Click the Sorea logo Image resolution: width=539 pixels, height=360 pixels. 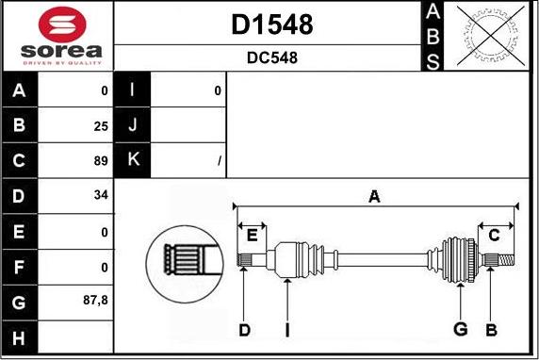pos(57,36)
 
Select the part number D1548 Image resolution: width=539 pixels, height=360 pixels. pos(272,25)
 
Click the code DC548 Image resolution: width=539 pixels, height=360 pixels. pos(272,57)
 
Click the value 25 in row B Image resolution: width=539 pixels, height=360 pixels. pos(101,124)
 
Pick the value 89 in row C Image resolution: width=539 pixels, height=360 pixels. pos(101,160)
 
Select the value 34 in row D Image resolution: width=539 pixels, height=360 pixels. pos(101,196)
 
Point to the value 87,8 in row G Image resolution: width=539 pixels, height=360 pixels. pos(97,302)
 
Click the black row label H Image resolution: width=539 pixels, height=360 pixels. pos(20,336)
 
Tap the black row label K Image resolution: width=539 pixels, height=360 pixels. pos(131,160)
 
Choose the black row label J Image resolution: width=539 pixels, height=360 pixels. pos(131,124)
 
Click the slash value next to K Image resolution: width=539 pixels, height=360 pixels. pos(219,161)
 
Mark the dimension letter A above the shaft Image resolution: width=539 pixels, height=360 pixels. pos(374,197)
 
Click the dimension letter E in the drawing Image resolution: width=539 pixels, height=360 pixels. pos(252,235)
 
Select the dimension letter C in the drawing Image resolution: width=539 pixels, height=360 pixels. pos(494,235)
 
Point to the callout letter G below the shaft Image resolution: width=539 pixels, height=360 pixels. pos(461,329)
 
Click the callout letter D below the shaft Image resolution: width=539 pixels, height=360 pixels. pos(244,329)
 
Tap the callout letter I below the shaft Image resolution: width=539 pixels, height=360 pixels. pos(286,329)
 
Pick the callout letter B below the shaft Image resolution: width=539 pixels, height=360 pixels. pos(490,329)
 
